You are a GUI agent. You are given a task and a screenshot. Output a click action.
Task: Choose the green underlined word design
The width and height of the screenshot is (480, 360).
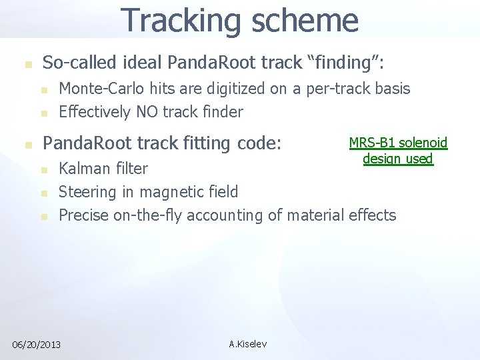[x=381, y=159]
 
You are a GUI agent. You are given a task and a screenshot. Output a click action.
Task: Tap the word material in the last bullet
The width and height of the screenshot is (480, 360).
[x=314, y=215]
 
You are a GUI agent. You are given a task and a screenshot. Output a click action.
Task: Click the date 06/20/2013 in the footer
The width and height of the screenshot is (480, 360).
[x=36, y=344]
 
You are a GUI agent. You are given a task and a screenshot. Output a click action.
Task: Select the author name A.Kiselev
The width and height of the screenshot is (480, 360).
[x=247, y=344]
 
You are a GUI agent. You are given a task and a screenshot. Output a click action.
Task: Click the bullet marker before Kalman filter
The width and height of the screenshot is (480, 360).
[x=44, y=170]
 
